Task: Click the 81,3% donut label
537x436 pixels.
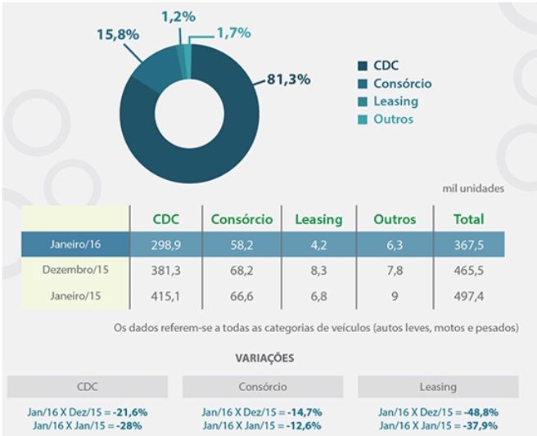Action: pyautogui.click(x=290, y=79)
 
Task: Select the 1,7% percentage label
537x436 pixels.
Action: pyautogui.click(x=233, y=33)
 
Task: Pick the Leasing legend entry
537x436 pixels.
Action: pyautogui.click(x=395, y=101)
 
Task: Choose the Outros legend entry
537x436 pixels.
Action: pyautogui.click(x=393, y=119)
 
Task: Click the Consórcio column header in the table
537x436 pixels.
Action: pyautogui.click(x=241, y=219)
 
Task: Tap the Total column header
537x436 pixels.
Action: pyautogui.click(x=469, y=219)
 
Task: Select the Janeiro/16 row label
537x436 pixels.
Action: pyautogui.click(x=76, y=244)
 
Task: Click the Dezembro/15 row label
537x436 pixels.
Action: pyautogui.click(x=76, y=269)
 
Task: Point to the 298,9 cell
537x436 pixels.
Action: pyautogui.click(x=166, y=244)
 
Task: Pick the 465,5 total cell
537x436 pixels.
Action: pyautogui.click(x=470, y=269)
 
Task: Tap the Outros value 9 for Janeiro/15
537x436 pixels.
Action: pyautogui.click(x=395, y=294)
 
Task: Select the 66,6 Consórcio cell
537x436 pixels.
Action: pyautogui.click(x=241, y=294)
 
